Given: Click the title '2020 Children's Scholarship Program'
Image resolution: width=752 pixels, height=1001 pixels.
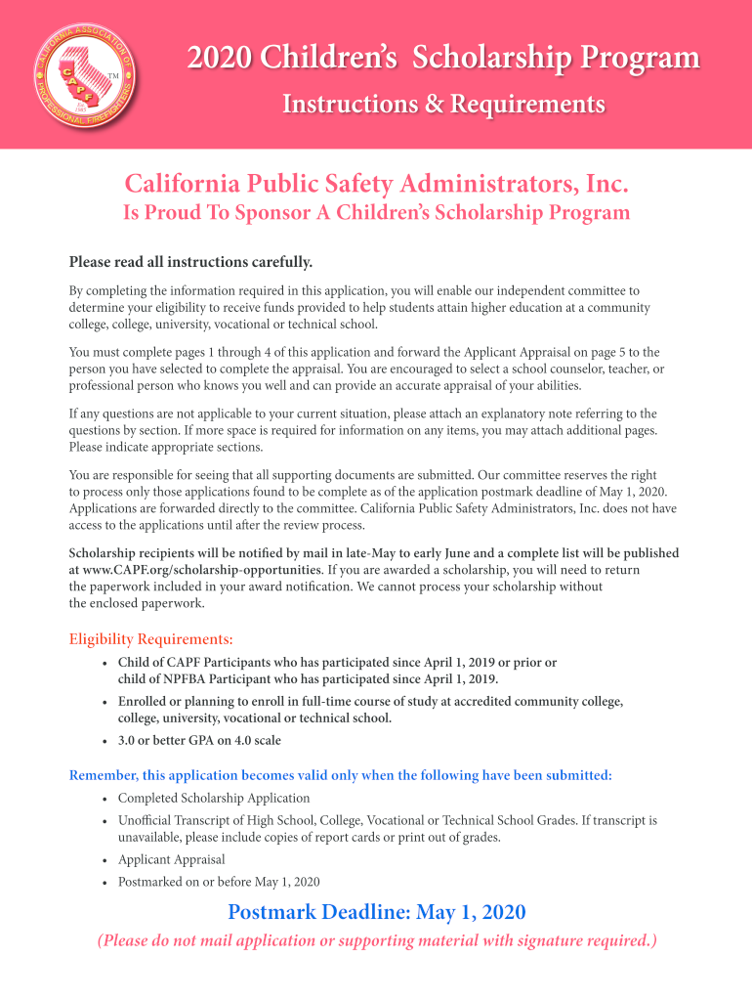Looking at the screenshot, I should (x=443, y=59).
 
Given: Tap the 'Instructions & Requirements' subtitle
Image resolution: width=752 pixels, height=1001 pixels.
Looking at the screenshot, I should (x=443, y=104).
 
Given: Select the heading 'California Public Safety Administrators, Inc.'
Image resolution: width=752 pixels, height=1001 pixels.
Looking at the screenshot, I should (x=376, y=184).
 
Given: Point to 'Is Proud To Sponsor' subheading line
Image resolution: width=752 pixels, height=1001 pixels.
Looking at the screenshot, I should (x=376, y=213).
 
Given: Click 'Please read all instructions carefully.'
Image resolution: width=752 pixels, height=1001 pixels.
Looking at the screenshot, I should (x=190, y=262).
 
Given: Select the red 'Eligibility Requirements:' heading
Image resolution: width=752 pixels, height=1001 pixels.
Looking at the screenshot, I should (x=151, y=639).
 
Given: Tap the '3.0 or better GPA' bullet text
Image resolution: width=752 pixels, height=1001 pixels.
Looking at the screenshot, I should (x=199, y=740).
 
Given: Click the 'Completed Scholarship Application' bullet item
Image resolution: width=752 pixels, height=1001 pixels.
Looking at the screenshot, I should (x=214, y=798).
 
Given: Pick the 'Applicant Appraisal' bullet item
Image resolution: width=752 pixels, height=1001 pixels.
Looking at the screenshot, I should (x=171, y=859).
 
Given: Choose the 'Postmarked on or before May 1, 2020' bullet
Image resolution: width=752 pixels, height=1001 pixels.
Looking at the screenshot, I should (x=219, y=882).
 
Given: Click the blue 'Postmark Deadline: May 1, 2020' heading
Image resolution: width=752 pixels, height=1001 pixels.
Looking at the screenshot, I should (x=376, y=913).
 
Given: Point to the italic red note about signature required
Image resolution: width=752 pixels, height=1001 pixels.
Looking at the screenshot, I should (x=376, y=941).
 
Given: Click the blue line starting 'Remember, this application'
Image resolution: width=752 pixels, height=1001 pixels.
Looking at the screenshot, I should (x=341, y=775).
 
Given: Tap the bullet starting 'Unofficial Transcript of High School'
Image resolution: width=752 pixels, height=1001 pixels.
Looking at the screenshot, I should (x=387, y=829).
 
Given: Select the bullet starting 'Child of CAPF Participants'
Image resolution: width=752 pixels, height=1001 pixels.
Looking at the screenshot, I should (x=337, y=671).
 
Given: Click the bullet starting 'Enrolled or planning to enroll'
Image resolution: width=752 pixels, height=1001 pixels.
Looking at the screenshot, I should (x=370, y=710).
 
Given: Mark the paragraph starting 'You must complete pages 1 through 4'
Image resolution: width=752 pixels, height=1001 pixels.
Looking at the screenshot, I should (x=366, y=369).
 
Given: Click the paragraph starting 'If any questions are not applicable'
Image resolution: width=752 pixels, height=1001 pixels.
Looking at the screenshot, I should (x=362, y=430).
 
